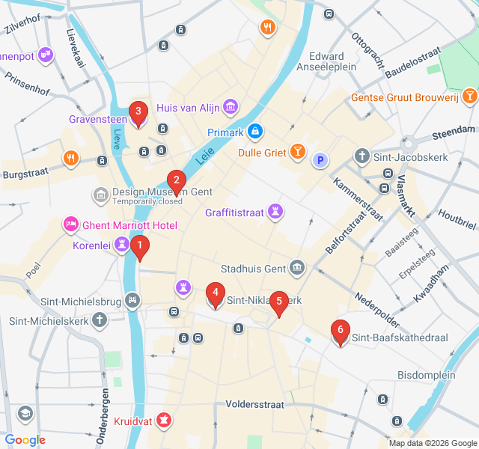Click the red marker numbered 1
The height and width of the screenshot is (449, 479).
139,246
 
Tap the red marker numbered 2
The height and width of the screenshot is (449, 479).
176,181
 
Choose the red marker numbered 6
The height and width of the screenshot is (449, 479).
341,332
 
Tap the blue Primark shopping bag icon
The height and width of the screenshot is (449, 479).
256,132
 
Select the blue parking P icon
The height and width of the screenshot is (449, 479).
320,160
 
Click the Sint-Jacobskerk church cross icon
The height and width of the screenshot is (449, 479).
361,156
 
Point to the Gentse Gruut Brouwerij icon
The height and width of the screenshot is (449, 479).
469,96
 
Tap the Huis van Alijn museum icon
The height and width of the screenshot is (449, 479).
230,108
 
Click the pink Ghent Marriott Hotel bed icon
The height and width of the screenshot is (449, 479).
71,224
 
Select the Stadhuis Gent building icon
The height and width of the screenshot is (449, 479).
297,268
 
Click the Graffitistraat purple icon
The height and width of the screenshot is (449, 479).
277,212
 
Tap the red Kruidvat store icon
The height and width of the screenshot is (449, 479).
163,421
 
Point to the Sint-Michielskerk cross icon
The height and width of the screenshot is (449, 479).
99,320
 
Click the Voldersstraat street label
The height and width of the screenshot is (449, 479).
254,404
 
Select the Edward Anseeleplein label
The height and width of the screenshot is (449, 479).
326,62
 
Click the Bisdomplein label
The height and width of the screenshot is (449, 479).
427,374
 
